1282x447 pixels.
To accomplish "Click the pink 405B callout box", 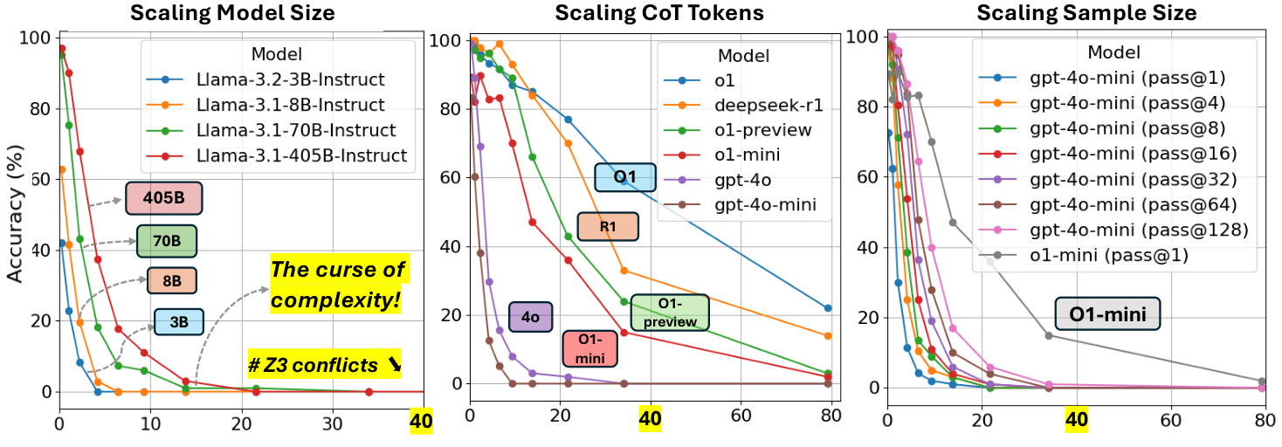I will [164, 198].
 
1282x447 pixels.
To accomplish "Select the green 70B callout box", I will [167, 242].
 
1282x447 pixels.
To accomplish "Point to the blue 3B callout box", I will [179, 322].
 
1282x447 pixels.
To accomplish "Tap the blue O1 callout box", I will [624, 177].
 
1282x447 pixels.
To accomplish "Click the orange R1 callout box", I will [608, 227].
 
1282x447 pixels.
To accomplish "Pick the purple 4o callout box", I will [530, 317].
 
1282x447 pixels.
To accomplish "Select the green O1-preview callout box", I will [669, 312].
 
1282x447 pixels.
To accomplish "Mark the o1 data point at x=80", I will [827, 308].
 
